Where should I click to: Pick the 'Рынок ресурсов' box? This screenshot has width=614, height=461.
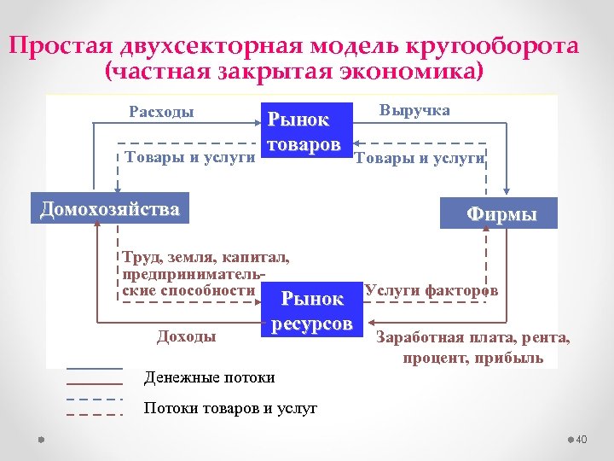311,311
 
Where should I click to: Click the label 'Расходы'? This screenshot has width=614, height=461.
161,112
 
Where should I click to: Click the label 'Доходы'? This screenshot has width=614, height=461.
186,337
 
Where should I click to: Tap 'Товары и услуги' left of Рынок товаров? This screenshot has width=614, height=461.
190,157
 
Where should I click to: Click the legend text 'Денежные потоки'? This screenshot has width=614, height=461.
210,376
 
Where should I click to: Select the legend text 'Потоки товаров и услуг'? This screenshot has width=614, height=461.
230,408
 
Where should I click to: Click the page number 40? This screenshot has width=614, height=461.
582,439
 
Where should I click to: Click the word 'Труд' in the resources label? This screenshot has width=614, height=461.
140,255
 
